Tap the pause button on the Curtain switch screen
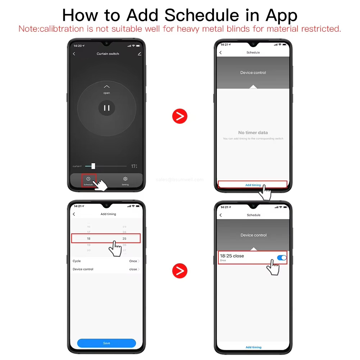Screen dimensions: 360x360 [107, 108]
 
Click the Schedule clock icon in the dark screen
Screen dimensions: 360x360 [88, 179]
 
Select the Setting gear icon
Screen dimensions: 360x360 [125, 179]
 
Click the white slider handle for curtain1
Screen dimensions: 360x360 [93, 166]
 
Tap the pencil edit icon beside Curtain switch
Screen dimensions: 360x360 [140, 54]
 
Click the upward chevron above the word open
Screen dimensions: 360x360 [106, 87]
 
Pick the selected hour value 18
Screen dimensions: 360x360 [88, 238]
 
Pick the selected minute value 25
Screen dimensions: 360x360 [124, 238]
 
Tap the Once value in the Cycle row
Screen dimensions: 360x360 [133, 261]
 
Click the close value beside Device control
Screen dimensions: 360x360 [133, 269]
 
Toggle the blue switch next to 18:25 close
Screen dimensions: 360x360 [282, 258]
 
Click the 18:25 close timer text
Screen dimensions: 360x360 [232, 256]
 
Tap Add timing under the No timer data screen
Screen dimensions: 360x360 [253, 185]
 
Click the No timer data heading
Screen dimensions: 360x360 [253, 133]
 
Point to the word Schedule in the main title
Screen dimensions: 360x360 [201, 15]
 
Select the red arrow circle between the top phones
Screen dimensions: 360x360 [180, 116]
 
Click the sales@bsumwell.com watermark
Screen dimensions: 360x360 [180, 179]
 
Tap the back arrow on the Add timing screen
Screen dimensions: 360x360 [74, 214]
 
